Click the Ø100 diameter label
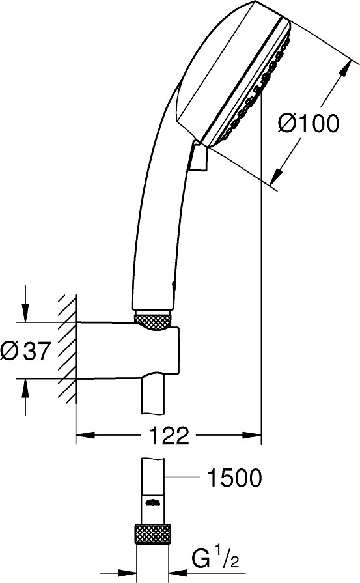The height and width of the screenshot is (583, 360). coord(309,124)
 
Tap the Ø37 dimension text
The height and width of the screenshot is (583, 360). coord(25,350)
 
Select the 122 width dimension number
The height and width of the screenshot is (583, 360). coord(169,435)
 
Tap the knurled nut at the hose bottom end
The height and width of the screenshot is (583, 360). coord(153,534)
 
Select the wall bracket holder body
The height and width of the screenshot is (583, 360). coord(128,350)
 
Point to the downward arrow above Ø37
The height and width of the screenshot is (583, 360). coord(25,304)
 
